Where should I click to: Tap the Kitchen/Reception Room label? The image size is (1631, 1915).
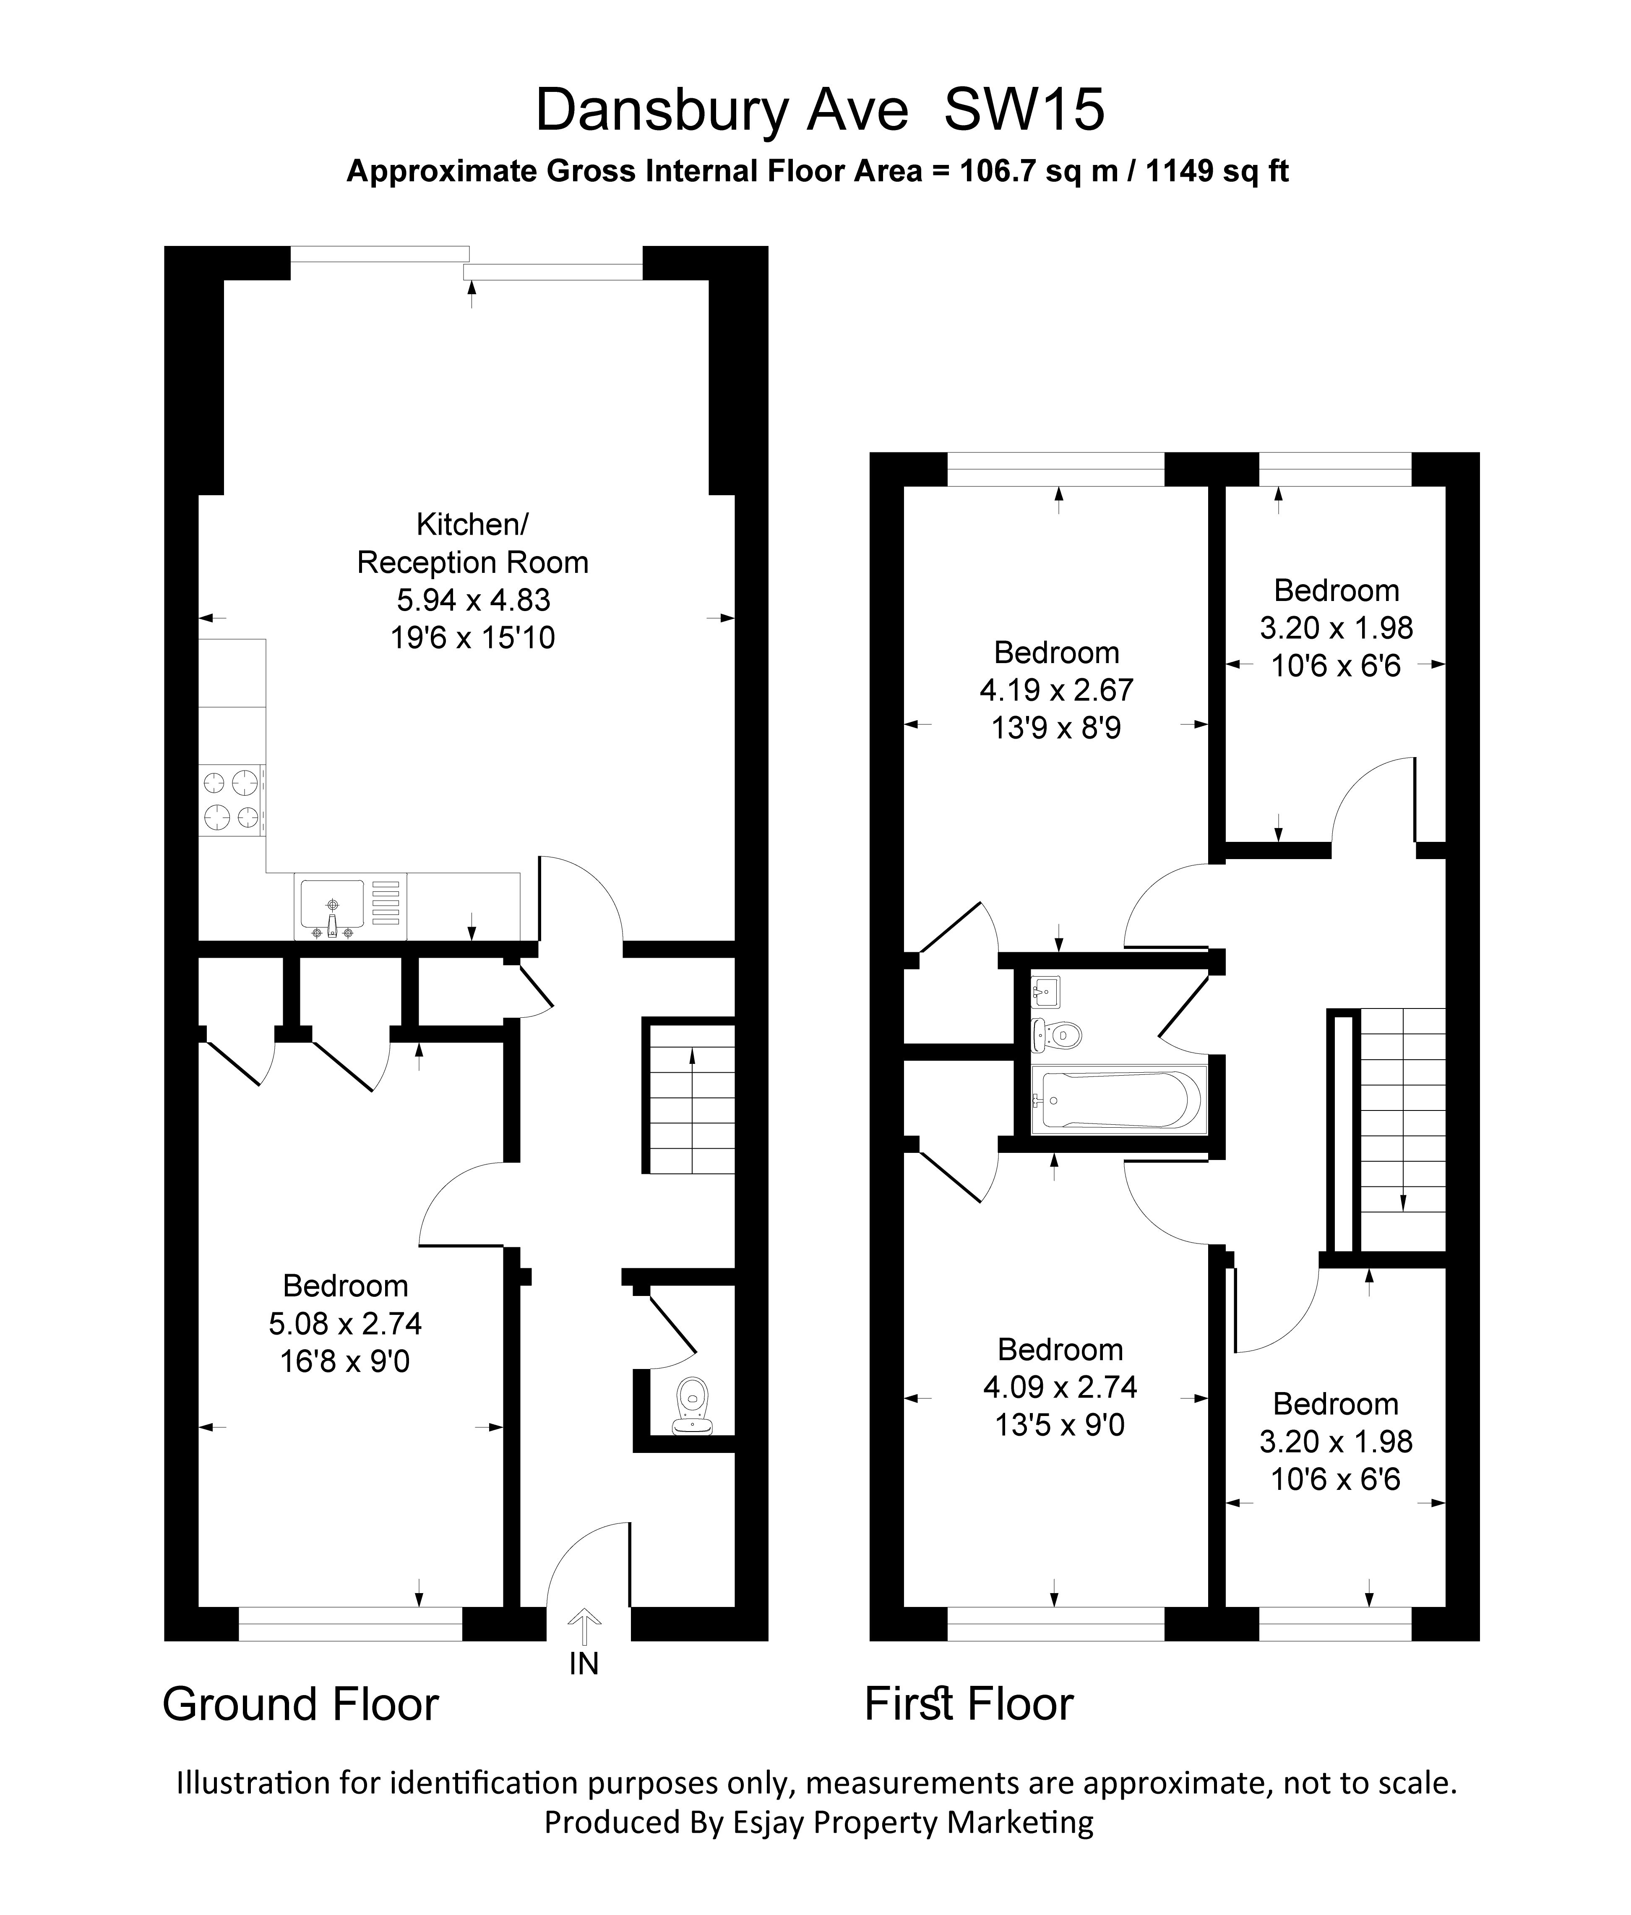(472, 543)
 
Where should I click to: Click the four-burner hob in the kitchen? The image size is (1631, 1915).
(231, 799)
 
